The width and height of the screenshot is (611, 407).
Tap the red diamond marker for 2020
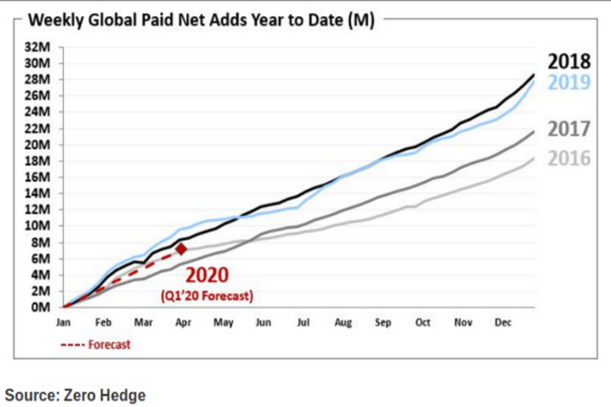[x=181, y=249]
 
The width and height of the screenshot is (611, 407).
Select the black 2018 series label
[x=569, y=62]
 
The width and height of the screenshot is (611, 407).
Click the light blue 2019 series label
[x=569, y=82]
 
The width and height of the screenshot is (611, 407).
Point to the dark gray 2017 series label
[x=569, y=129]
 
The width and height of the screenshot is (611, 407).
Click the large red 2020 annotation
[x=207, y=275]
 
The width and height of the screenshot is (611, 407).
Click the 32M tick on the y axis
[x=43, y=48]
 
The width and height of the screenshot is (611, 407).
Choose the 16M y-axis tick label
[x=43, y=178]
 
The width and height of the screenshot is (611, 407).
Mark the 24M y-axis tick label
[x=43, y=112]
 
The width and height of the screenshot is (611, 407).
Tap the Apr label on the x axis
[x=183, y=323]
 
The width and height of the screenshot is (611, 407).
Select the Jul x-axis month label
[x=303, y=323]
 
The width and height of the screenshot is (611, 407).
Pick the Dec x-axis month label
[x=503, y=323]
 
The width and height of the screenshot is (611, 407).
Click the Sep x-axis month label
[x=383, y=323]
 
